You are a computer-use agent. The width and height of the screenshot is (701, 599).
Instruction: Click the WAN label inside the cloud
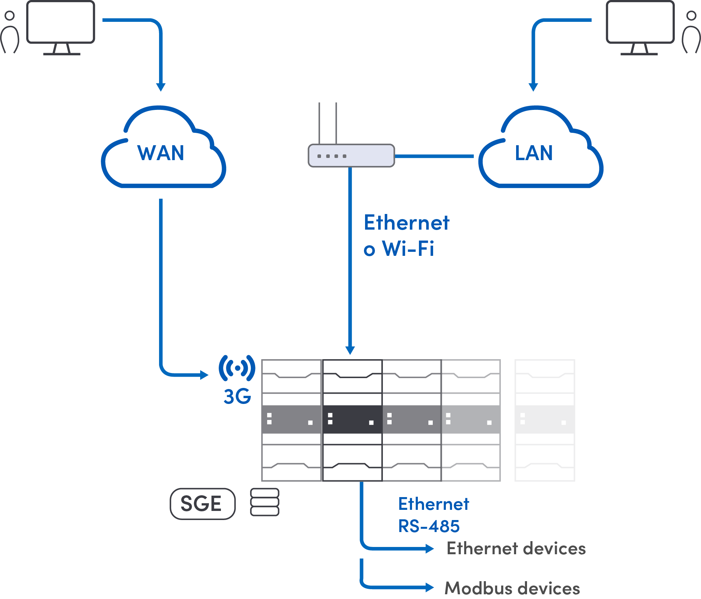(161, 153)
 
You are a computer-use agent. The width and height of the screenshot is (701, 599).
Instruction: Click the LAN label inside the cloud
(534, 153)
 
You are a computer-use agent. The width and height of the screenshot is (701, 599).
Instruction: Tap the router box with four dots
(351, 156)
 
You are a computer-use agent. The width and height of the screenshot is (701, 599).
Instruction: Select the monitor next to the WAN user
(61, 23)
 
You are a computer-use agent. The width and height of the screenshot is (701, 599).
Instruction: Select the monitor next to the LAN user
(640, 23)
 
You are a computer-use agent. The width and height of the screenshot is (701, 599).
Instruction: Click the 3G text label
(237, 396)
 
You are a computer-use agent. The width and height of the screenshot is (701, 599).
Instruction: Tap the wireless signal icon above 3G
(237, 368)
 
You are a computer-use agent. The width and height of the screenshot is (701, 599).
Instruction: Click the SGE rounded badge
(202, 504)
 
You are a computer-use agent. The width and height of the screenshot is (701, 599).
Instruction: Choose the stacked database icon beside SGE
(265, 502)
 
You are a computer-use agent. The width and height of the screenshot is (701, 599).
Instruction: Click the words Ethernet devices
(516, 548)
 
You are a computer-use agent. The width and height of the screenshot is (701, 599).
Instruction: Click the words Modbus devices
(512, 588)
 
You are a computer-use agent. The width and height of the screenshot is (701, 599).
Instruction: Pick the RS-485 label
(429, 526)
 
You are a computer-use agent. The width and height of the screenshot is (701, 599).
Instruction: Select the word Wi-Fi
(408, 249)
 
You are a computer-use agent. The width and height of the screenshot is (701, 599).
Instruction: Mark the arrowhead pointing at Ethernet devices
(430, 548)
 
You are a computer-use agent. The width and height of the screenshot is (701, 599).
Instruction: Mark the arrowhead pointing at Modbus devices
(430, 587)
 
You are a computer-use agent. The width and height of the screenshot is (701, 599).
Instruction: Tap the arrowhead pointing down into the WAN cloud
(161, 87)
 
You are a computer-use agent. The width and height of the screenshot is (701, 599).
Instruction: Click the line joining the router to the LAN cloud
(434, 156)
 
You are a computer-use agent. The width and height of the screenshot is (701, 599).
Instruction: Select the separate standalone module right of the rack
(544, 420)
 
